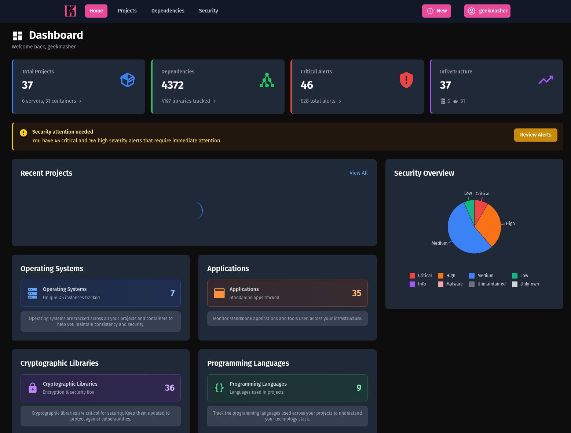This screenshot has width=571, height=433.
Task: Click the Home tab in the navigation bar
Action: (96, 11)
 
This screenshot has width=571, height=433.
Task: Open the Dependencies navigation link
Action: (168, 11)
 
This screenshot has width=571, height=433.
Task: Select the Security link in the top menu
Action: (208, 11)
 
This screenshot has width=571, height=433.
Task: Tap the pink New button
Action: (436, 11)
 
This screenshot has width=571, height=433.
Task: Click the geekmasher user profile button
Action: (487, 11)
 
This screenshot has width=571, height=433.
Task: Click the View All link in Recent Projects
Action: (358, 173)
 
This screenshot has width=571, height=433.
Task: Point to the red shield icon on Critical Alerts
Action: (406, 80)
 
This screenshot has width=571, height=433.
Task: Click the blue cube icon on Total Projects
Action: (128, 80)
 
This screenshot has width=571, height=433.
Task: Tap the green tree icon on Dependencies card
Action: (267, 80)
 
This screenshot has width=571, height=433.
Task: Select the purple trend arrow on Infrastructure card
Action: (546, 80)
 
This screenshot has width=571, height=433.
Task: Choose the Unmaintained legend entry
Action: (487, 284)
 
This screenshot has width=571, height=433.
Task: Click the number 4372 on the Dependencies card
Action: (172, 85)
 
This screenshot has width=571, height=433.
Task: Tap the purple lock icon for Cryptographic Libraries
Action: (33, 388)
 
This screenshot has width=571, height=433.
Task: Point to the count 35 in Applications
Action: (356, 293)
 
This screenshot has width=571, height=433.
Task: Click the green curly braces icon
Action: (219, 388)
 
